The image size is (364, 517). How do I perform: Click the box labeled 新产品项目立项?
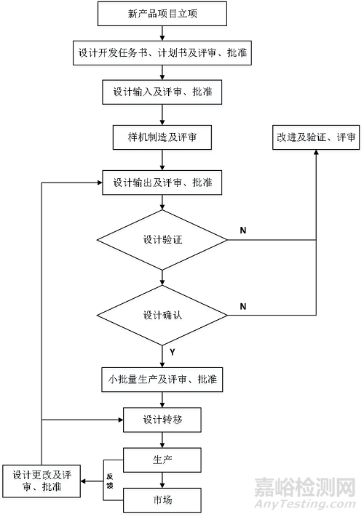point(162,13)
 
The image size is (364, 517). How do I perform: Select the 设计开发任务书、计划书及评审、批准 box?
point(162,53)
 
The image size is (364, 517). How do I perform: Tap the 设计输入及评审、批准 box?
point(162,93)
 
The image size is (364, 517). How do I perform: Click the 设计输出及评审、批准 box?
point(162,182)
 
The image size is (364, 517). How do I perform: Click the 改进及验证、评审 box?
point(316,136)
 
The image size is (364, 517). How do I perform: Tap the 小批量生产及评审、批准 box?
point(162,379)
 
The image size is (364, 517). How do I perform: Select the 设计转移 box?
point(162,420)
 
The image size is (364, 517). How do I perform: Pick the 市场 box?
point(162,500)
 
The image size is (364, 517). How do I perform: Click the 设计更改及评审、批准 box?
point(41,481)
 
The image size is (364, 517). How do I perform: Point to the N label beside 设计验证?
point(242,231)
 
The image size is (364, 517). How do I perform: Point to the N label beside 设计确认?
point(242,306)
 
